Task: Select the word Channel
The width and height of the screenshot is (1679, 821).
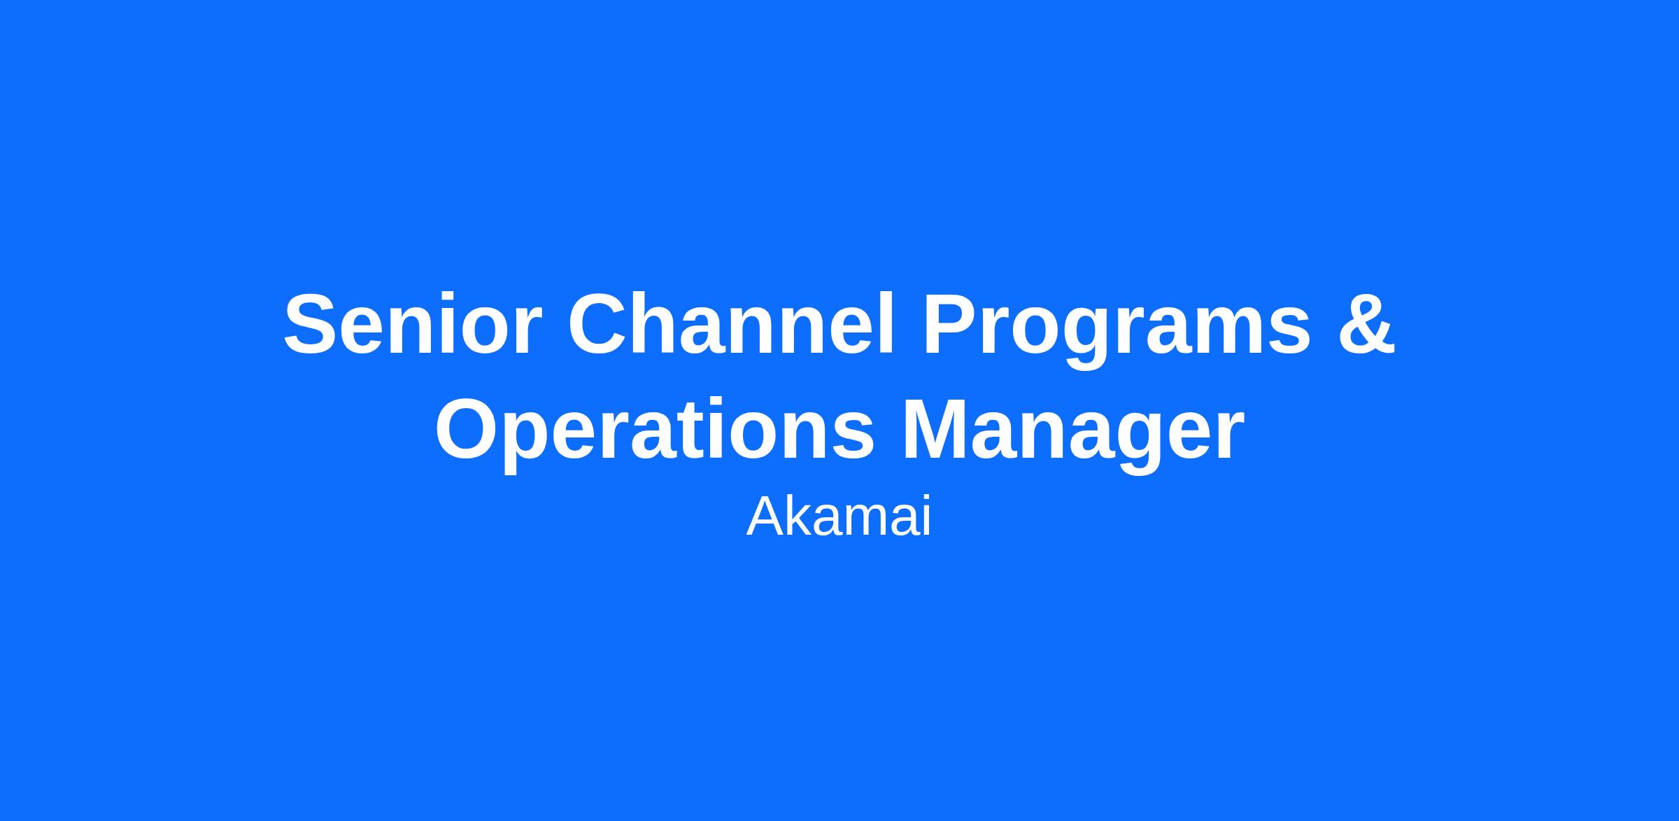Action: click(x=731, y=323)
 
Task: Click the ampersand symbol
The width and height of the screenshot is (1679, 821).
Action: click(x=1367, y=324)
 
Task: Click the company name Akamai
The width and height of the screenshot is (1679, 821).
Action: click(x=839, y=517)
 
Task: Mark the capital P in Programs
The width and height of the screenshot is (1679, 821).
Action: click(x=951, y=324)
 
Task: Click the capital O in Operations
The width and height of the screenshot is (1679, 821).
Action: click(x=467, y=429)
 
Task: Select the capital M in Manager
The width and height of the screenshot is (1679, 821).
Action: click(x=938, y=429)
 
